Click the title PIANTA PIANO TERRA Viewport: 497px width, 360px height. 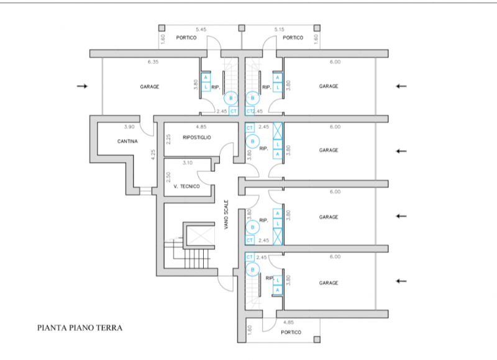pyautogui.click(x=79, y=327)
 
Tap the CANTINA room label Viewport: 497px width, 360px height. pyautogui.click(x=127, y=142)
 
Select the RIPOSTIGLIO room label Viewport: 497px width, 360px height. pyautogui.click(x=198, y=137)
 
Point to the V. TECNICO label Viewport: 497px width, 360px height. pyautogui.click(x=187, y=186)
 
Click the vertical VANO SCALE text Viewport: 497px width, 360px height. pyautogui.click(x=227, y=215)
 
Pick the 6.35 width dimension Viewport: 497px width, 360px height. pyautogui.click(x=153, y=62)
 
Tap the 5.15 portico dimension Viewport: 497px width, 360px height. pyautogui.click(x=279, y=30)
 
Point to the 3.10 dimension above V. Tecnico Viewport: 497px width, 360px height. pyautogui.click(x=187, y=163)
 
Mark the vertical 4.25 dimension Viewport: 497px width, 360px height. pyautogui.click(x=153, y=155)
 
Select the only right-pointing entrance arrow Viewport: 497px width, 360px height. pyautogui.click(x=81, y=86)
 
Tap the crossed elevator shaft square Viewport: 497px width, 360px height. pyautogui.click(x=199, y=235)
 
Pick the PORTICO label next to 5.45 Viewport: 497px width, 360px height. pyautogui.click(x=186, y=38)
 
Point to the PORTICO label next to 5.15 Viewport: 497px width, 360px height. pyautogui.click(x=293, y=38)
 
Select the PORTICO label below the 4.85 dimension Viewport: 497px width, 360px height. pyautogui.click(x=291, y=333)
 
